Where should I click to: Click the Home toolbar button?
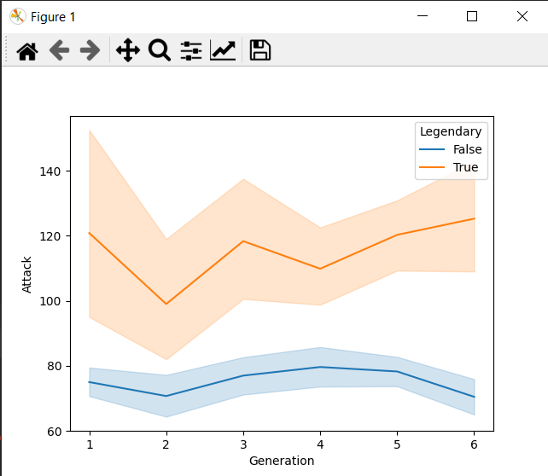pos(27,50)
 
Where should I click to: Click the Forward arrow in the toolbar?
pos(90,50)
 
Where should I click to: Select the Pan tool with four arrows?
pos(127,50)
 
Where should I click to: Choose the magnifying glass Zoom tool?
pos(159,50)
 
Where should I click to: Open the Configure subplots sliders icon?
pos(191,50)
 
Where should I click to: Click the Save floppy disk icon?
pos(259,50)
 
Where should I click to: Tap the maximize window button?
pos(472,16)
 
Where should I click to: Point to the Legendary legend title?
pos(450,131)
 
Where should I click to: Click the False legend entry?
pos(467,149)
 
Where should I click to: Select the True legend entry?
pos(465,167)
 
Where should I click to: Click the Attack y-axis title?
pos(26,274)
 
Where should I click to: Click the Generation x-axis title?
pos(282,461)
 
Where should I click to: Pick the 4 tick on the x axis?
pos(320,445)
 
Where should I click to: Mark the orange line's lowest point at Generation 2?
pos(166,304)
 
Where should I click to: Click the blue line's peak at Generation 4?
pos(320,367)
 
